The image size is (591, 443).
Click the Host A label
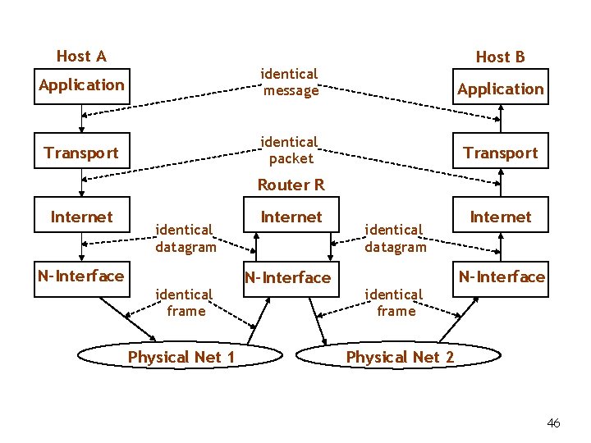pyautogui.click(x=81, y=56)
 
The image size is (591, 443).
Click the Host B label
pyautogui.click(x=500, y=57)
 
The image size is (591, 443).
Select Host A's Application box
pyautogui.click(x=81, y=85)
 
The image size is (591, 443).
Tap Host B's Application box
pyautogui.click(x=500, y=89)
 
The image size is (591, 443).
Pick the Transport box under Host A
pyautogui.click(x=81, y=153)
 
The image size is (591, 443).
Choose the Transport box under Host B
pyautogui.click(x=500, y=153)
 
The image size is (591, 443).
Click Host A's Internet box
pyautogui.click(x=81, y=217)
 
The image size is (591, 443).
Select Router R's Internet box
pyautogui.click(x=291, y=217)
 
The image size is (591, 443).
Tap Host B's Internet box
pyautogui.click(x=500, y=217)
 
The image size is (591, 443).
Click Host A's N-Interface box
pyautogui.click(x=81, y=276)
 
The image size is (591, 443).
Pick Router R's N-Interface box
pyautogui.click(x=287, y=277)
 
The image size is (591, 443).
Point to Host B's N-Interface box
pyautogui.click(x=501, y=277)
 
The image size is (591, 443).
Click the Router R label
pyautogui.click(x=291, y=185)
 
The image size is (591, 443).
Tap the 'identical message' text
pyautogui.click(x=290, y=82)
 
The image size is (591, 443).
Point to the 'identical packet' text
pyautogui.click(x=290, y=149)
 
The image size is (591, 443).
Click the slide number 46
pyautogui.click(x=553, y=423)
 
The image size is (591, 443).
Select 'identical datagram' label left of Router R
pyautogui.click(x=186, y=238)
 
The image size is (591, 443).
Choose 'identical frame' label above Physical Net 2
pyautogui.click(x=396, y=302)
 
